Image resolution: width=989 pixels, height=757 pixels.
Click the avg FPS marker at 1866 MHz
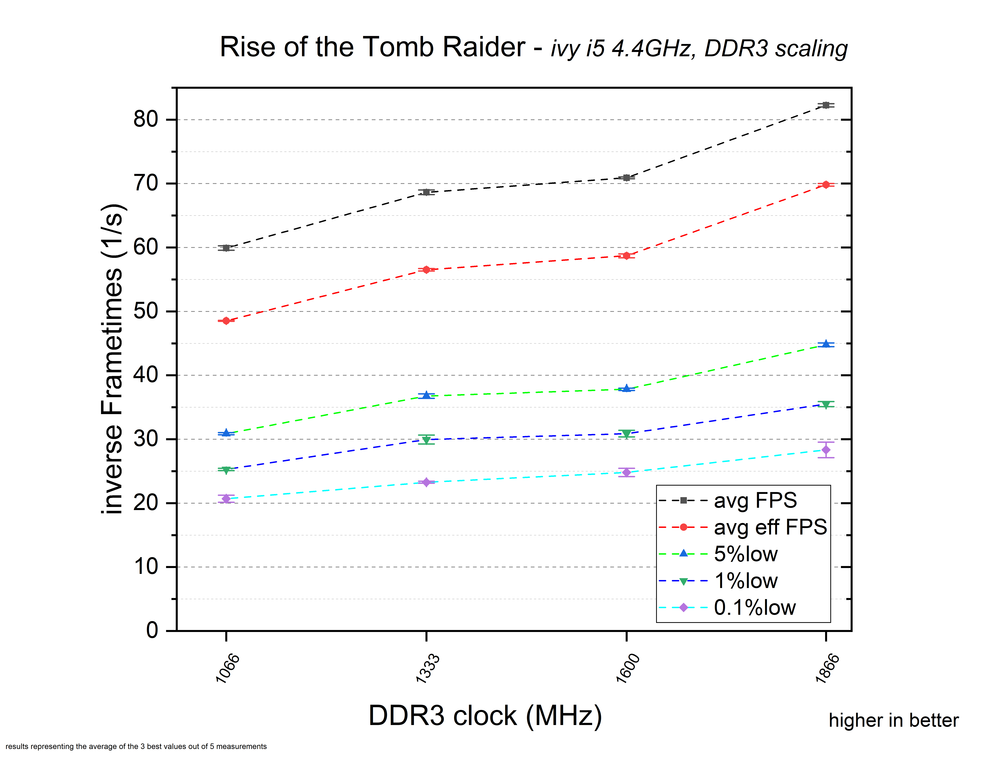tap(825, 105)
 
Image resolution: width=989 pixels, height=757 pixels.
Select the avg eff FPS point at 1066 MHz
tap(226, 321)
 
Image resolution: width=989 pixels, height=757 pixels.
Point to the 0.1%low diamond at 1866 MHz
tap(825, 450)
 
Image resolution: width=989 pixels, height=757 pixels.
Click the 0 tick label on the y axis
tap(152, 630)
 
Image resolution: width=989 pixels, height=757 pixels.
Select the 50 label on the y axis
tap(145, 311)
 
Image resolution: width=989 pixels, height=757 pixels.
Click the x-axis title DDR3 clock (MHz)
tap(485, 716)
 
